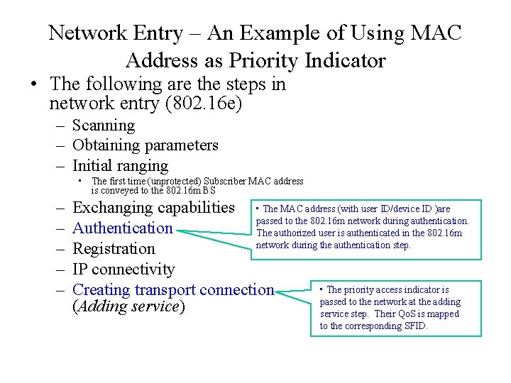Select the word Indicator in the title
click(x=345, y=60)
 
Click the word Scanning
click(x=104, y=126)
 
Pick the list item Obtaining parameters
click(x=145, y=145)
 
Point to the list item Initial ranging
click(x=121, y=166)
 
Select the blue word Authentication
click(x=123, y=228)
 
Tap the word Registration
click(x=114, y=249)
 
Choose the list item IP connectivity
click(x=123, y=270)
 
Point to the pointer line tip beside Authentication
click(x=177, y=228)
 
